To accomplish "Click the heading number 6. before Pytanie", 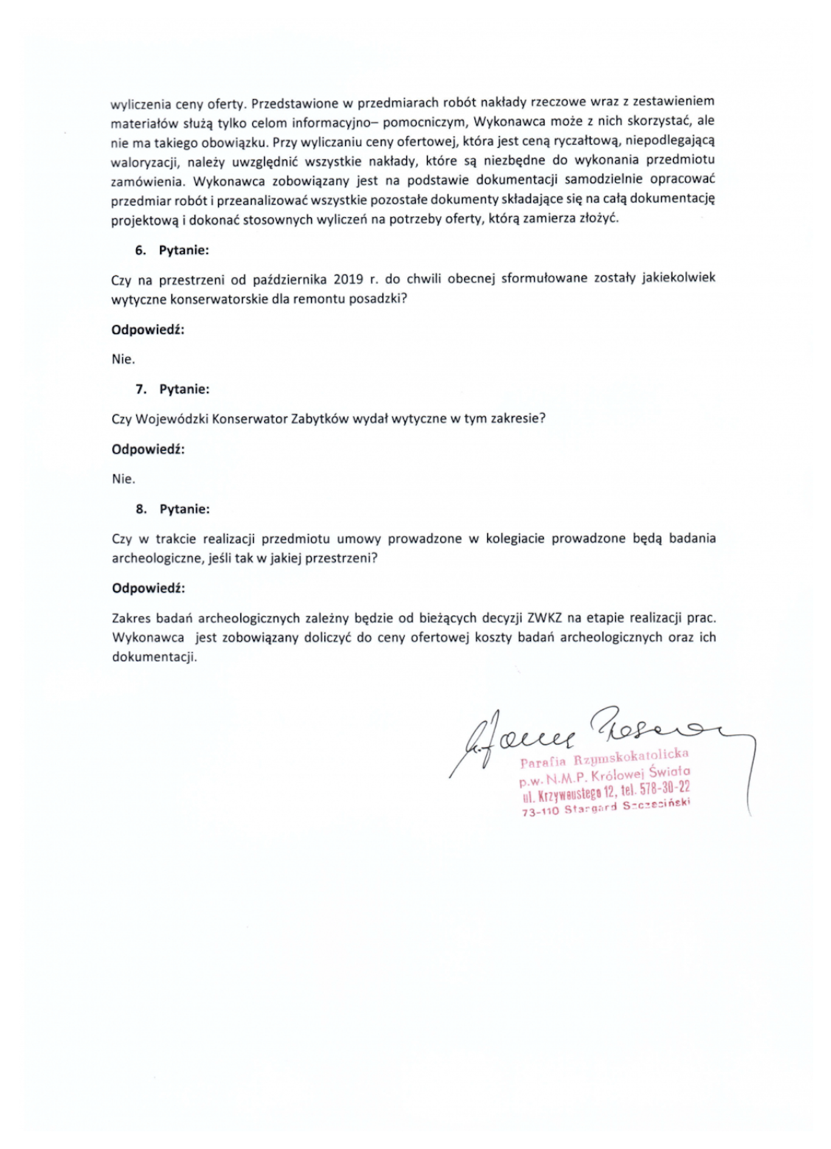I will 141,250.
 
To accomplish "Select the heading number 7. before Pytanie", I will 141,389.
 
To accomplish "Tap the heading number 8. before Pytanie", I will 141,509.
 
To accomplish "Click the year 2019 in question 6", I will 348,279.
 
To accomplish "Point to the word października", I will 289,280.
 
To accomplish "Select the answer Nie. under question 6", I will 123,359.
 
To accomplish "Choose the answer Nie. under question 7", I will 123,479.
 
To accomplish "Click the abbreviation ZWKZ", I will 544,619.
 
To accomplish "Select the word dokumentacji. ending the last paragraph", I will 155,658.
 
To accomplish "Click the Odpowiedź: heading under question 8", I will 148,589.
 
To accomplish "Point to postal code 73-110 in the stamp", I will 540,811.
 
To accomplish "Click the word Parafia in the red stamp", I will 543,762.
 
